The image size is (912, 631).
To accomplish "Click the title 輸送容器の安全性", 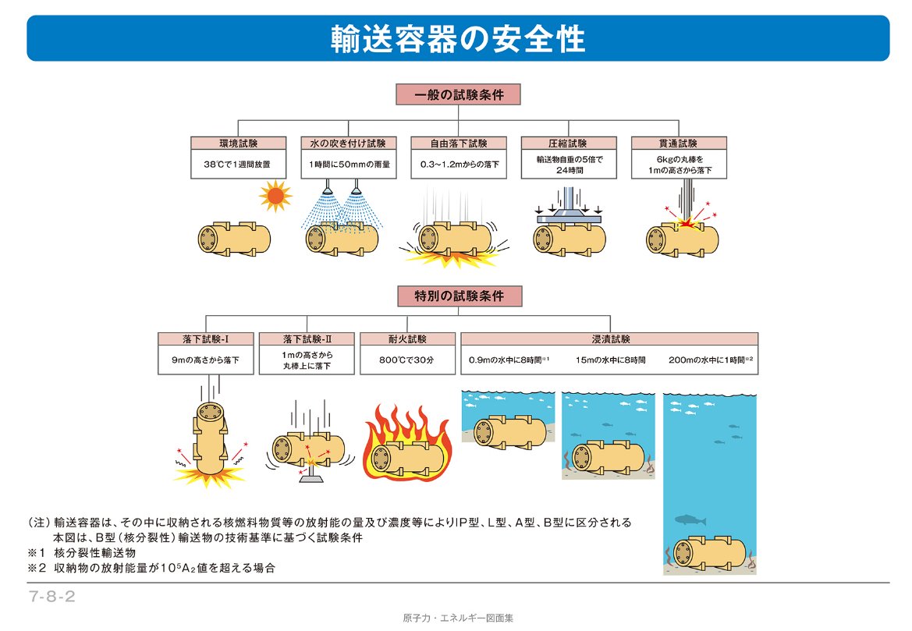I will point(458,38).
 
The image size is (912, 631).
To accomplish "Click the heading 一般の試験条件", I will point(458,94).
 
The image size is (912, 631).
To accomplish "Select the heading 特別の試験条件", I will point(458,296).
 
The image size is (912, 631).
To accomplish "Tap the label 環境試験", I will point(238,144).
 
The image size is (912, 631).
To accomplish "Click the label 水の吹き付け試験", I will point(349,144).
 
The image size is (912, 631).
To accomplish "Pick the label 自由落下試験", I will point(459,144).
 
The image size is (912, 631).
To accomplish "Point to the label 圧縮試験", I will point(569,144).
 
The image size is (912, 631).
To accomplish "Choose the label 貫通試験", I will point(678,144).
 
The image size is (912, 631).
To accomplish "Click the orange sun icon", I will point(275,196).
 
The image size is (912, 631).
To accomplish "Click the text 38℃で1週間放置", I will point(238,165).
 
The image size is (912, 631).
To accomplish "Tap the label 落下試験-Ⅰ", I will point(206,339).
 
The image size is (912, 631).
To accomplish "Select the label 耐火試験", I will point(406,339).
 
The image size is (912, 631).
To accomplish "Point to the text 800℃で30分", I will point(406,360).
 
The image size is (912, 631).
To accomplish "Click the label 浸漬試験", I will point(610,339).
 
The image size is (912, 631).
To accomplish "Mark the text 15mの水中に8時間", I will point(611,360).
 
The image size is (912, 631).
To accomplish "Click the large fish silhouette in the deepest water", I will point(690,519).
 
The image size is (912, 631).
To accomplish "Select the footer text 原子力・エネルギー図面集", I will point(458,618).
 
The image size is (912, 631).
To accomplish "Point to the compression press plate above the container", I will point(568,220).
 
